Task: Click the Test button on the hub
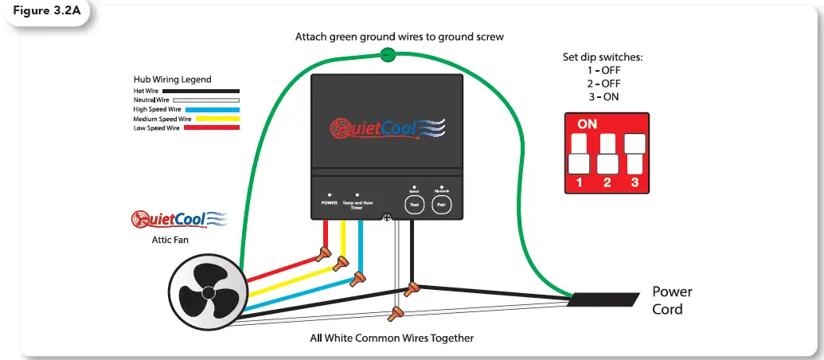pos(413,204)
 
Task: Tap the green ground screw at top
pos(387,55)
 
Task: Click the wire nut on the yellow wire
pos(342,264)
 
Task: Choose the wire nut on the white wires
pos(393,314)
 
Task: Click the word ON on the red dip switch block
pos(587,125)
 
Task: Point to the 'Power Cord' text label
pos(671,299)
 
